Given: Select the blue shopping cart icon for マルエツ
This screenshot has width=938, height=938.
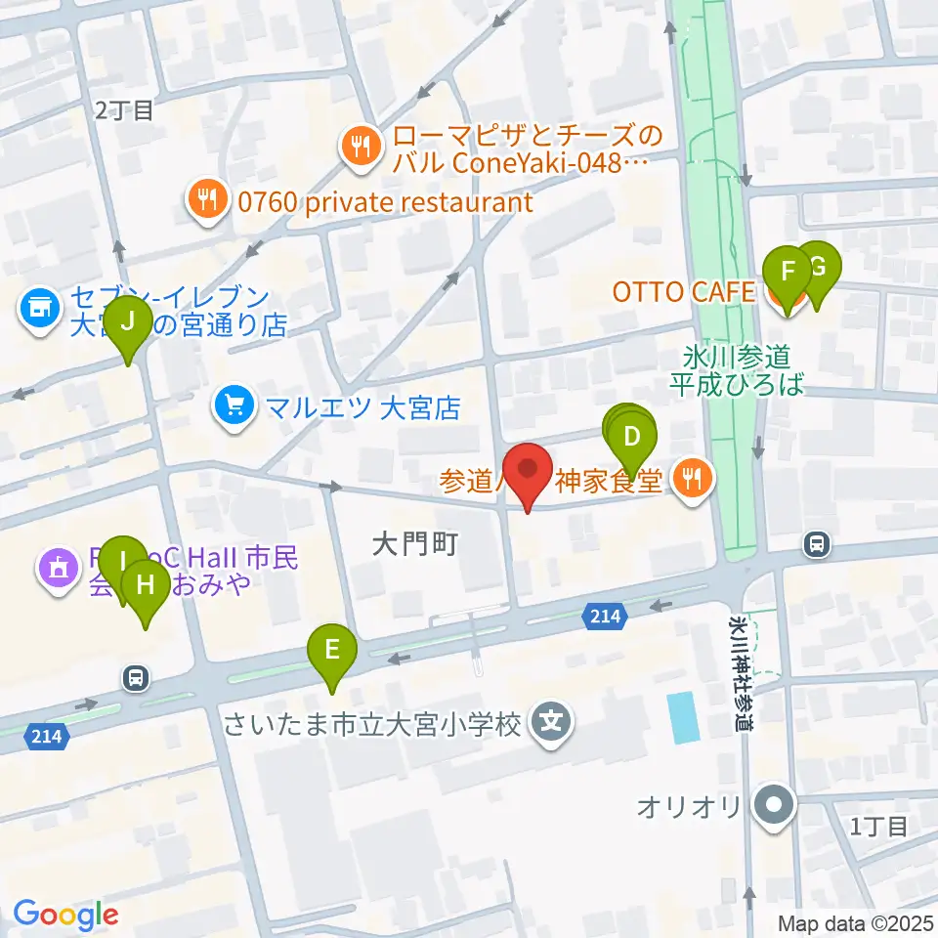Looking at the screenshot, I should pyautogui.click(x=234, y=405).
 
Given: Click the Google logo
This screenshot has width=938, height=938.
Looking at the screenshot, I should pyautogui.click(x=65, y=915).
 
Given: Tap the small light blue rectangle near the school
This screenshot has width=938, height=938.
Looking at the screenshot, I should pyautogui.click(x=684, y=716).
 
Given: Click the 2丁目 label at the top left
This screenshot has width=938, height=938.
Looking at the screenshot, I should pyautogui.click(x=124, y=110).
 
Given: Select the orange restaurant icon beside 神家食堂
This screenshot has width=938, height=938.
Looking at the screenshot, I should pyautogui.click(x=694, y=479).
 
